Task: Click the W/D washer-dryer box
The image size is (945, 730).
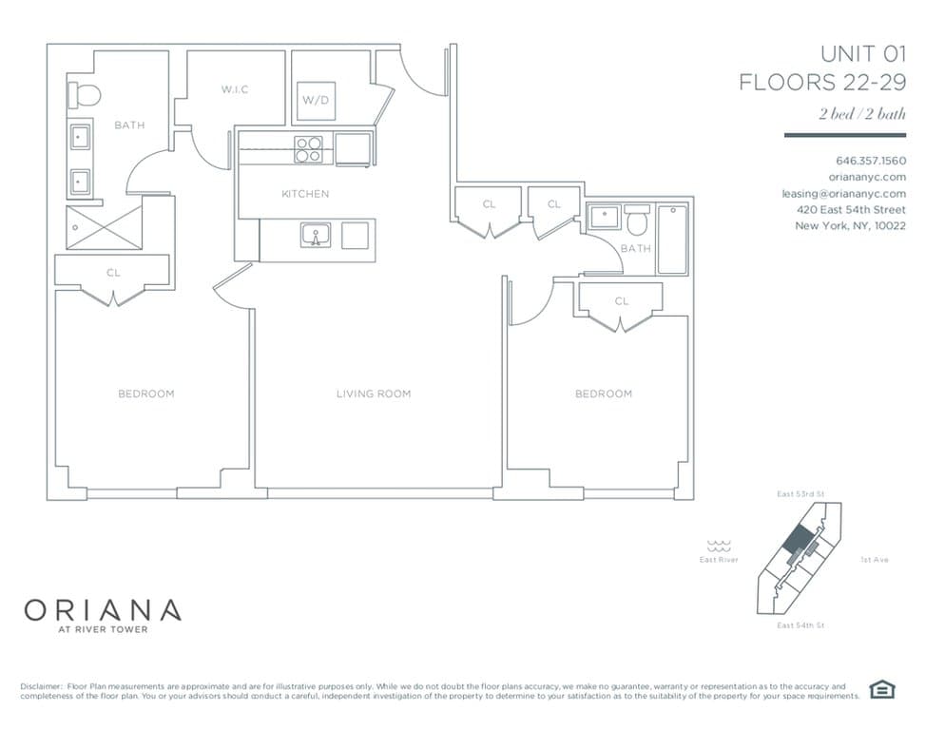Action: [317, 100]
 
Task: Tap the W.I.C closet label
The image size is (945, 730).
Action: [236, 89]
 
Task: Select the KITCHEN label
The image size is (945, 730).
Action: [305, 194]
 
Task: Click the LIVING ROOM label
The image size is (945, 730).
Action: [374, 394]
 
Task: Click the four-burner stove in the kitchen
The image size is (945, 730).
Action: [308, 150]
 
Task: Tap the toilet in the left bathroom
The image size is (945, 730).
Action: [85, 96]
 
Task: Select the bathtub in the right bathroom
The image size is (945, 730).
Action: [672, 239]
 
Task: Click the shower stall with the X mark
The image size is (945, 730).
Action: [103, 227]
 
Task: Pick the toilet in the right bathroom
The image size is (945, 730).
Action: [636, 221]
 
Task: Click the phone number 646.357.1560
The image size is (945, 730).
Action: [870, 160]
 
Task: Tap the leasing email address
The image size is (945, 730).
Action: [843, 193]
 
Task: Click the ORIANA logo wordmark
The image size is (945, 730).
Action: [102, 608]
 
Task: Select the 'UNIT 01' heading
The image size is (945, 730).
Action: [863, 53]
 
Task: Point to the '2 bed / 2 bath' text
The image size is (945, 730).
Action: [862, 114]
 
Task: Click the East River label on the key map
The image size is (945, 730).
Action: [718, 560]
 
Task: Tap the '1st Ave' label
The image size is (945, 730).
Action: [874, 560]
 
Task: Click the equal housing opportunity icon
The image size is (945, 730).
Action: [883, 690]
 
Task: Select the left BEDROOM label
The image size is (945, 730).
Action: [146, 394]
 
